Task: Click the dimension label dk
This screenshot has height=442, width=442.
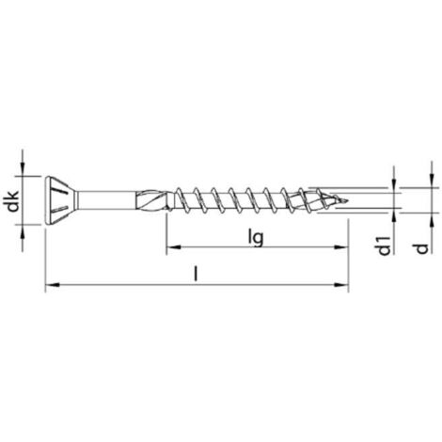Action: coord(13,200)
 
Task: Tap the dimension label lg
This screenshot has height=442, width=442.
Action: coord(256,237)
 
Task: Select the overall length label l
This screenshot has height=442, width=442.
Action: coord(196,274)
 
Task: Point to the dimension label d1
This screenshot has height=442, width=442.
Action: coord(385,246)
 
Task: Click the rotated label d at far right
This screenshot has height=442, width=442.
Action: coord(422,248)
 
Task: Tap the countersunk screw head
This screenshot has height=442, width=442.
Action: coord(61,200)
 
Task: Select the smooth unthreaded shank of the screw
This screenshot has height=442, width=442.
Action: coord(106,200)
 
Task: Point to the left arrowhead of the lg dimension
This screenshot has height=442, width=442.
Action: coord(173,247)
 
